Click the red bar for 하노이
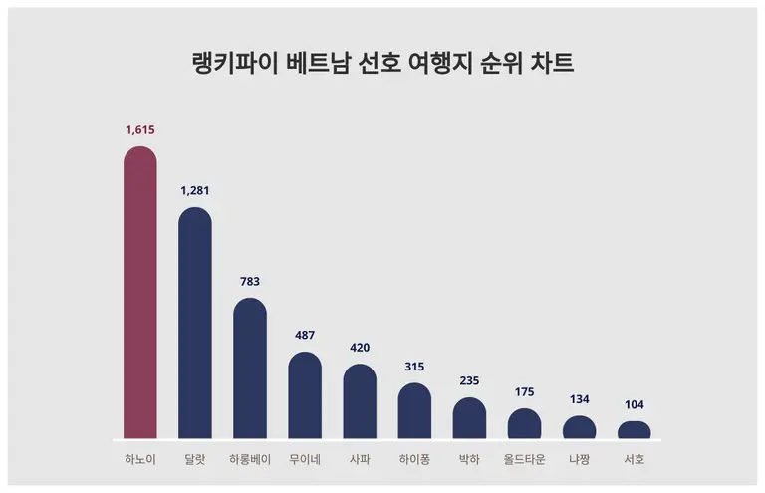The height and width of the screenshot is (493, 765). (140, 294)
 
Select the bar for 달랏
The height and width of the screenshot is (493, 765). (195, 324)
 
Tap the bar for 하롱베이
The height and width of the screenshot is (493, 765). (250, 369)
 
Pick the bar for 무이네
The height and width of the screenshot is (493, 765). (305, 395)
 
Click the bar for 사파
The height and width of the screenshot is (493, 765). (360, 401)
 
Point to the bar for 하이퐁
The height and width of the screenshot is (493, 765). (414, 411)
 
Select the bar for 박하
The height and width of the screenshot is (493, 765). (469, 418)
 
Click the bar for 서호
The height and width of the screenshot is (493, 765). (635, 430)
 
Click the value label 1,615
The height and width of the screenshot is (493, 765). (140, 129)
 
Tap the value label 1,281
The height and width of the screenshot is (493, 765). (195, 190)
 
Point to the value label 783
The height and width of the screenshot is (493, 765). (250, 281)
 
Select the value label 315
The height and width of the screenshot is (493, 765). (414, 367)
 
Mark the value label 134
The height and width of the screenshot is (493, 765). (580, 399)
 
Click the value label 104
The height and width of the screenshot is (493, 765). (635, 405)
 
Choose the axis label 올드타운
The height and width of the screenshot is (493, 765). (524, 460)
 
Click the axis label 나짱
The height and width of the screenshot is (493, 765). (580, 460)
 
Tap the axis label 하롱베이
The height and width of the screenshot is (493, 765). (250, 460)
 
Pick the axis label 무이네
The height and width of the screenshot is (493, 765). (305, 460)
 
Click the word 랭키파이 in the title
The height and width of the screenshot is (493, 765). (231, 63)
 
